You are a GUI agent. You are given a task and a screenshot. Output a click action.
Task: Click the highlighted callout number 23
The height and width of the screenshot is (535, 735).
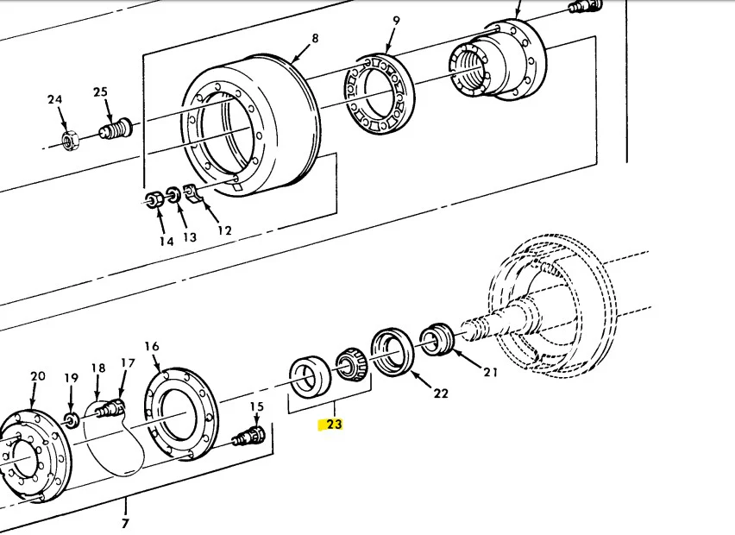coord(334,424)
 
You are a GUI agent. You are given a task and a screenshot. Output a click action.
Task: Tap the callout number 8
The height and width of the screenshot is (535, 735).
coord(315,38)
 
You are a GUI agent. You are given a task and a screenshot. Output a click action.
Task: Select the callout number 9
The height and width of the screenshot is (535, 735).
coord(396,20)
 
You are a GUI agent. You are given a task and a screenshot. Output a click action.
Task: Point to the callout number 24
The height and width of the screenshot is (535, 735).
coord(55,100)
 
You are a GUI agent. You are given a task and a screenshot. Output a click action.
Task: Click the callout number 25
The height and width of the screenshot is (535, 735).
coord(100,92)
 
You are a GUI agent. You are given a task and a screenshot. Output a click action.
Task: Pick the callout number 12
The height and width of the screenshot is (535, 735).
coord(224,230)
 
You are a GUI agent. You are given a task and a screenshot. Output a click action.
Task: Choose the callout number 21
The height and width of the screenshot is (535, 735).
coord(491,373)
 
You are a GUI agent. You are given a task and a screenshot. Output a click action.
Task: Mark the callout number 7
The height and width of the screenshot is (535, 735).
coord(126,523)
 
